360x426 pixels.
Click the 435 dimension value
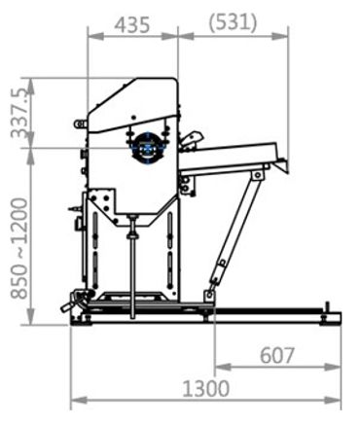[x=133, y=25]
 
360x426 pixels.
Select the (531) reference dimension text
[x=234, y=23]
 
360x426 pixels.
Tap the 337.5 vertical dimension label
[x=21, y=113]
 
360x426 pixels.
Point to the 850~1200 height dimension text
[x=19, y=248]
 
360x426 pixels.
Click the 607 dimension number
[x=277, y=355]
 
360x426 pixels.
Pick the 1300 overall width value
[x=206, y=388]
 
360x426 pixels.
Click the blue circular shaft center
[x=148, y=149]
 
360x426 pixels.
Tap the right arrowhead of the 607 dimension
[x=333, y=367]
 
